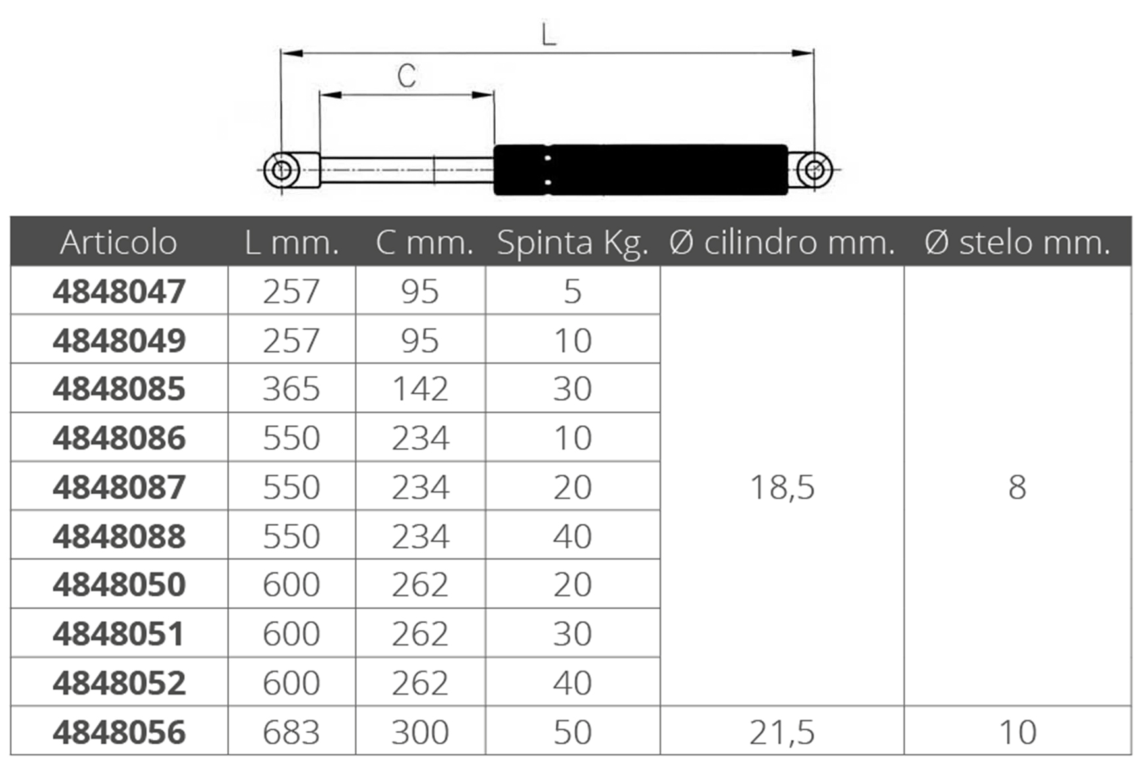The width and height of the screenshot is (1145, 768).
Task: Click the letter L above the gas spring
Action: tap(548, 34)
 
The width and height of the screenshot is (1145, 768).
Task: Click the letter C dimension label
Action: tap(406, 76)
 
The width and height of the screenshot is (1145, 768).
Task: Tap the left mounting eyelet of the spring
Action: tap(282, 170)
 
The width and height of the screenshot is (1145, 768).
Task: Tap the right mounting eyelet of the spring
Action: tap(814, 170)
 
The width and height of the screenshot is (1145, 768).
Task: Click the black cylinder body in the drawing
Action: tap(641, 170)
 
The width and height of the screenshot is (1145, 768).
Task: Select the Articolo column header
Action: tap(119, 242)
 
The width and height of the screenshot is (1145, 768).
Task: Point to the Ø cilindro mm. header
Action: tap(782, 242)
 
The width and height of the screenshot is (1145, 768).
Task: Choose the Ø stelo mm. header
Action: tap(1017, 242)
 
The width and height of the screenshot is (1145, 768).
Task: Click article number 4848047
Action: tap(119, 292)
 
